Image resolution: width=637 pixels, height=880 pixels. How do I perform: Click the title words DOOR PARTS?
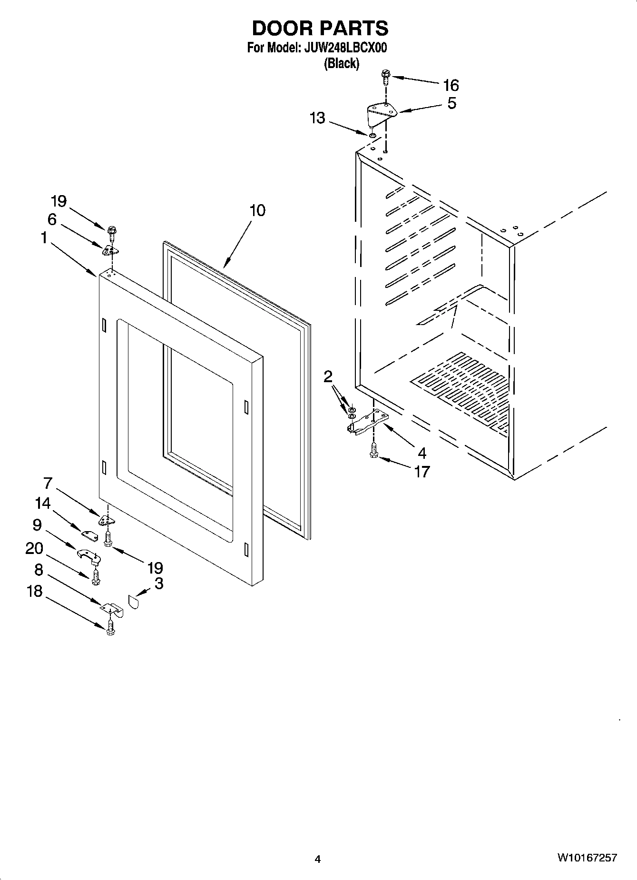(320, 28)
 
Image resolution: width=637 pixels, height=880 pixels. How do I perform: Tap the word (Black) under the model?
(341, 63)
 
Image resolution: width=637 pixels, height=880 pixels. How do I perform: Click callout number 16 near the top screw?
(451, 85)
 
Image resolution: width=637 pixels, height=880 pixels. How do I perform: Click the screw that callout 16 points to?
(385, 76)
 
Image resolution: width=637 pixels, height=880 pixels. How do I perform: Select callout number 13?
(317, 118)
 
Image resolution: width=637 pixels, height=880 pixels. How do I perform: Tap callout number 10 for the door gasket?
(257, 210)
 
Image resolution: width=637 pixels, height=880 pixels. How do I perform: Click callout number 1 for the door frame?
(44, 237)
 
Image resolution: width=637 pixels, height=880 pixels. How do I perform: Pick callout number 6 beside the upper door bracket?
(52, 219)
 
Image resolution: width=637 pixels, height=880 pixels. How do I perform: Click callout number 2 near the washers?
(328, 377)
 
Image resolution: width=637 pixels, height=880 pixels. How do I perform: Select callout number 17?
(422, 472)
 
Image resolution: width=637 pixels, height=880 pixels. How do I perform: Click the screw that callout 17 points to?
(373, 451)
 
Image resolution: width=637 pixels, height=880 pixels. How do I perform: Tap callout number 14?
(43, 503)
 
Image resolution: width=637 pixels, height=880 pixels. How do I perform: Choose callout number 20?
(34, 548)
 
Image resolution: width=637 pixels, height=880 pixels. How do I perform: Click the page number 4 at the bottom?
(318, 859)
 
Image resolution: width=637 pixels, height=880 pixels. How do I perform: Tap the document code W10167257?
(588, 858)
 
